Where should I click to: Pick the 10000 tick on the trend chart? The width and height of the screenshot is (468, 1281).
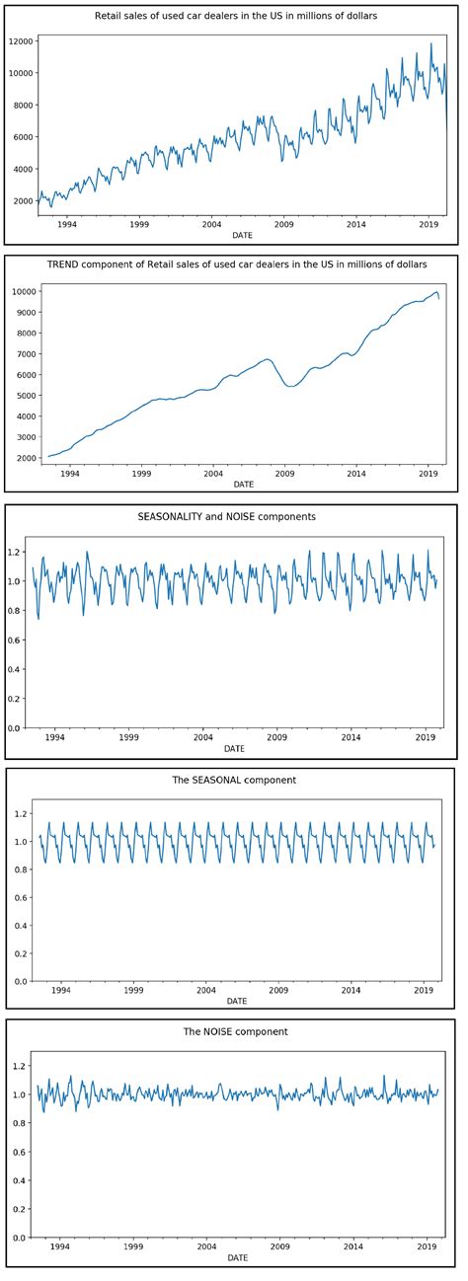[22, 291]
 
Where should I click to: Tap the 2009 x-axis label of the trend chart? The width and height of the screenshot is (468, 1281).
[284, 474]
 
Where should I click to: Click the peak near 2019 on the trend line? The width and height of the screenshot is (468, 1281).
[436, 291]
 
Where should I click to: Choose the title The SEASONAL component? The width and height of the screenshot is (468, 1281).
[234, 781]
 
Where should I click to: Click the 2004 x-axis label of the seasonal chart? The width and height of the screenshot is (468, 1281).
[206, 990]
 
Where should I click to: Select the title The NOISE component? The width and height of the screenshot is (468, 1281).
[234, 1032]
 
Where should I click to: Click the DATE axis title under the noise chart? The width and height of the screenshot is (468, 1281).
[237, 1258]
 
